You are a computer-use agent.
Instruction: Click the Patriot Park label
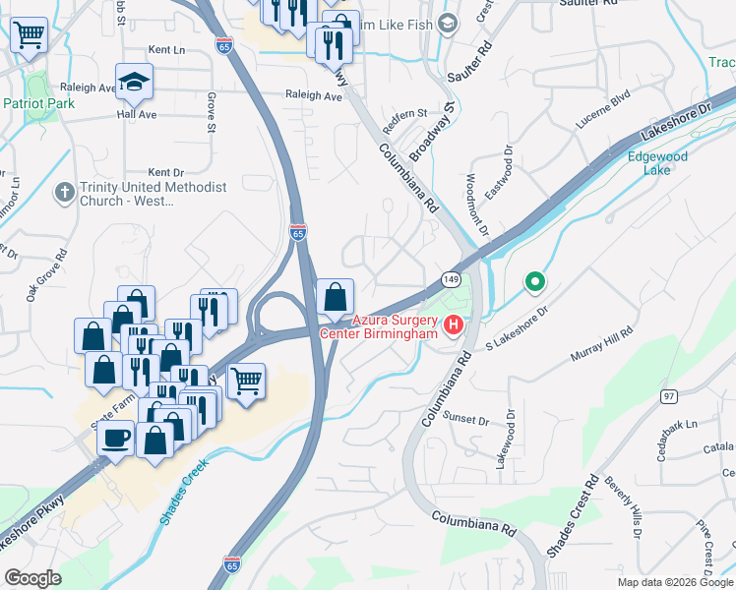click(39, 102)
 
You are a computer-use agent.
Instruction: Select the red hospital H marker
click(454, 324)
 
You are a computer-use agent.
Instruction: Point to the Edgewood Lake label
click(658, 162)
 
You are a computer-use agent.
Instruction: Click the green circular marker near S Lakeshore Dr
click(534, 283)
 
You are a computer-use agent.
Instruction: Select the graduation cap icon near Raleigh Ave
click(134, 82)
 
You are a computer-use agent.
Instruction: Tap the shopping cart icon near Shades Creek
click(246, 379)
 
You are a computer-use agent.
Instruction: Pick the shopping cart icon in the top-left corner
click(30, 35)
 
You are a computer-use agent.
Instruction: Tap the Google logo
click(33, 578)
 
